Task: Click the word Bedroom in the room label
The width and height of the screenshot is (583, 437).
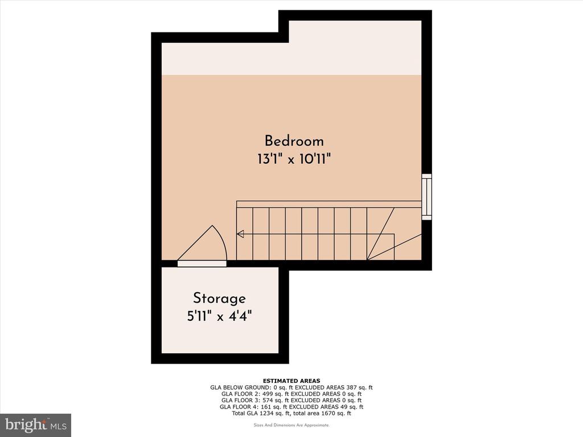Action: [294, 141]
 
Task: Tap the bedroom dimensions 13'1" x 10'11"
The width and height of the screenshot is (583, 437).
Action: [294, 160]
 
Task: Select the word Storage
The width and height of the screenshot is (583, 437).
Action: [219, 299]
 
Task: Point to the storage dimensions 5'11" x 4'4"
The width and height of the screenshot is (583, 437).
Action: [219, 316]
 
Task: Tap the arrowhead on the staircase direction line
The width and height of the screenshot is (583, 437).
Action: [240, 234]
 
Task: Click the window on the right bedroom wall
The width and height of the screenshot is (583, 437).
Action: [426, 196]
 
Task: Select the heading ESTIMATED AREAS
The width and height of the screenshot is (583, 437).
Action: [291, 381]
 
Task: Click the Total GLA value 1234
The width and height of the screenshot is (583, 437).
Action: [264, 413]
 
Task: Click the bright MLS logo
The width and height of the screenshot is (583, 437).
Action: [36, 425]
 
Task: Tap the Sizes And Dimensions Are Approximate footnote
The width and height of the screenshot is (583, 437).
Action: [291, 425]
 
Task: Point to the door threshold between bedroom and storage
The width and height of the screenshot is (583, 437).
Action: [202, 263]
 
